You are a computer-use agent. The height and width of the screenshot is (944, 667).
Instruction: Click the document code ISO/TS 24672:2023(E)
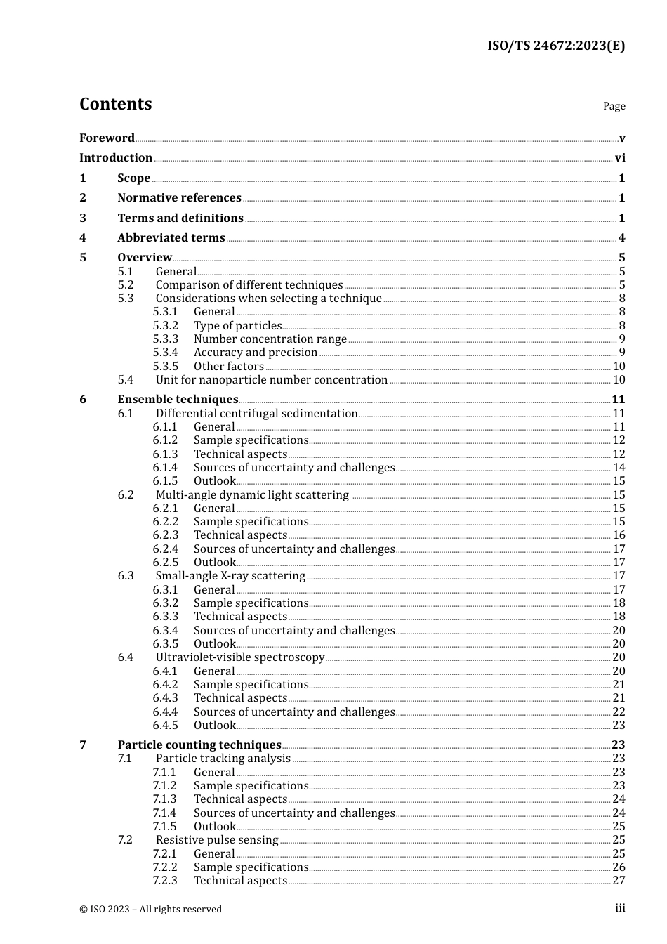555,46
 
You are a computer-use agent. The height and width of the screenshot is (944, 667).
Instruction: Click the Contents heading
115,104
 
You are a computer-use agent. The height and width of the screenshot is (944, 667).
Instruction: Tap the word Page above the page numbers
614,106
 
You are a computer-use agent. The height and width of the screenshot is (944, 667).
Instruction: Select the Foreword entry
107,138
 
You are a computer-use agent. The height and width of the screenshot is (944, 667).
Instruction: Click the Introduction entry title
116,157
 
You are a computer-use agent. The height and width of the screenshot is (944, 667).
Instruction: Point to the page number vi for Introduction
620,157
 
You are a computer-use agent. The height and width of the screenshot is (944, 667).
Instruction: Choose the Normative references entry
179,197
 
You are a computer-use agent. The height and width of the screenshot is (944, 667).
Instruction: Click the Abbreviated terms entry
171,237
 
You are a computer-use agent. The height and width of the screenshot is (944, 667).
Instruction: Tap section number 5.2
125,284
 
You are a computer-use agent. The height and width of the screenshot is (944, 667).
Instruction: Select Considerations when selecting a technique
268,298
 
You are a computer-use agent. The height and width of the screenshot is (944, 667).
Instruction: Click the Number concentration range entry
270,339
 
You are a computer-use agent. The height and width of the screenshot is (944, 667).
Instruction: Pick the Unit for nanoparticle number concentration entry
271,379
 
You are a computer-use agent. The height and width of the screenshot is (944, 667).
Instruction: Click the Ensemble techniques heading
178,399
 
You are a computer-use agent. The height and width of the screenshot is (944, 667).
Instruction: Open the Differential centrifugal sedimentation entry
256,413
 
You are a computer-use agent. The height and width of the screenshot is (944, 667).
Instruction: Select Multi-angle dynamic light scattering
252,494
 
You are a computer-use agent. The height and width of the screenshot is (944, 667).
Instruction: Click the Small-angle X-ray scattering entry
230,575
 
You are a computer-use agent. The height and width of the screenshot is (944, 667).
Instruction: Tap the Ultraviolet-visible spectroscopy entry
240,657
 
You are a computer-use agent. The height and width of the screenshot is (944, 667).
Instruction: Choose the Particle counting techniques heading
199,745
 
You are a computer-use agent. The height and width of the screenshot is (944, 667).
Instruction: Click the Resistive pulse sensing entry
217,839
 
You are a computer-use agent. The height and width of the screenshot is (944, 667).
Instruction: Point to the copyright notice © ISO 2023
150,909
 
